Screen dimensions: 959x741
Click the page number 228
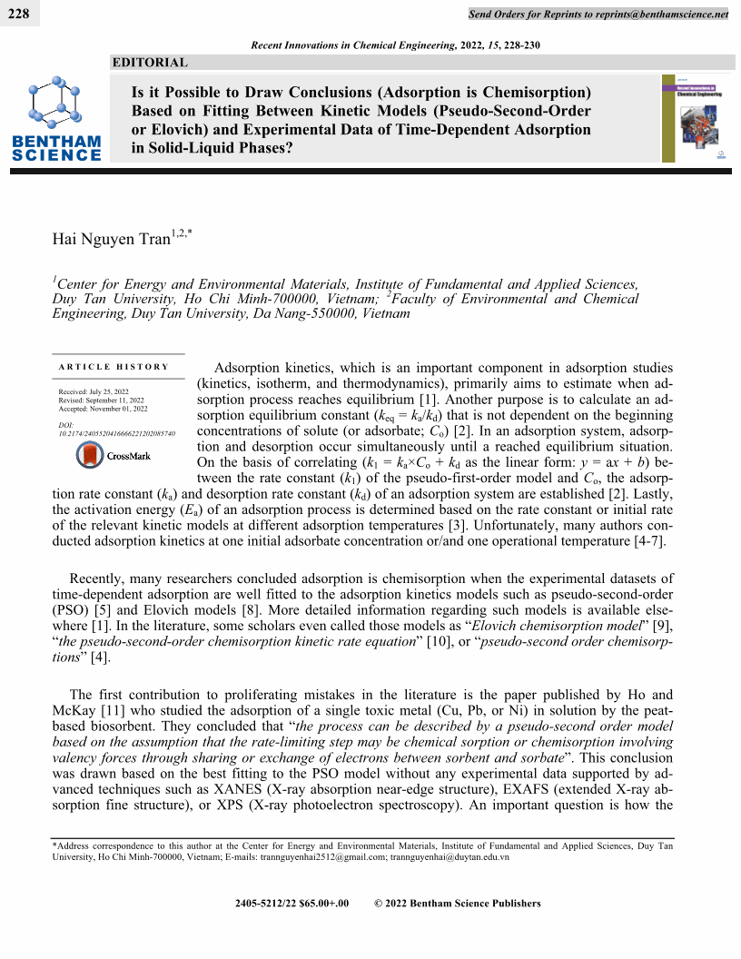19,13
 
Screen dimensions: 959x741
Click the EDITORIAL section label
149,63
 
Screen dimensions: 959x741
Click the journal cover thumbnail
695,118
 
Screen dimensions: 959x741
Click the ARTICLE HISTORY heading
114,367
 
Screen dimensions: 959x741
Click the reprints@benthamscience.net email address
655,14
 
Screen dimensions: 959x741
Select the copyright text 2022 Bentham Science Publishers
464,903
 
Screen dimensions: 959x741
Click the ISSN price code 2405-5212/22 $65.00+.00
291,903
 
